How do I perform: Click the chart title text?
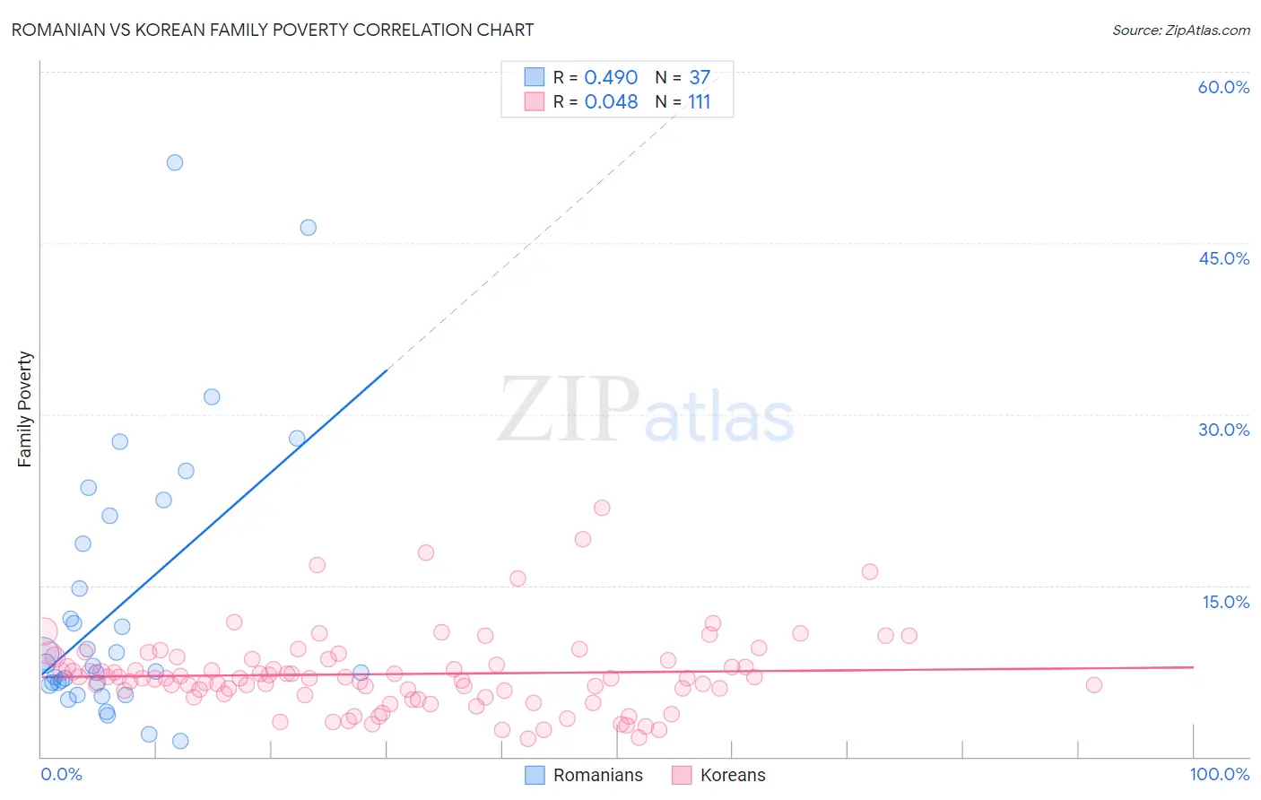[x=272, y=30]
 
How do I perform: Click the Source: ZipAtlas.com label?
[x=1180, y=30]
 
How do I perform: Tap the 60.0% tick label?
[x=1223, y=87]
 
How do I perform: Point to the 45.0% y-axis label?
[x=1223, y=258]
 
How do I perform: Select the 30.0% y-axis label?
[x=1223, y=430]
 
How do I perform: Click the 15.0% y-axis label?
[x=1225, y=602]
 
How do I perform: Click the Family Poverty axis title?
[x=25, y=409]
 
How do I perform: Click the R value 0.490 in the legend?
[x=611, y=78]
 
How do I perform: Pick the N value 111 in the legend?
[x=700, y=102]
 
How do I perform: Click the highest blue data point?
[x=175, y=162]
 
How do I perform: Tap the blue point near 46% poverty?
[x=308, y=228]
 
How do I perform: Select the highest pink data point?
[x=602, y=508]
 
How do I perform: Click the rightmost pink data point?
[x=1094, y=685]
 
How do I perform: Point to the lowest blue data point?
[x=180, y=741]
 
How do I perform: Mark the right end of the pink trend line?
[x=1193, y=667]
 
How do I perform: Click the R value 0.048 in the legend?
[x=611, y=102]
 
